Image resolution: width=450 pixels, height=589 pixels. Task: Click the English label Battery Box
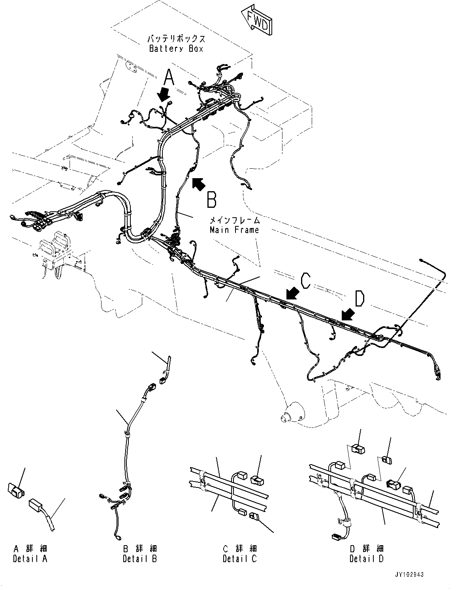(176, 49)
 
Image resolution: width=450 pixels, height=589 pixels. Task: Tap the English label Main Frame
(234, 230)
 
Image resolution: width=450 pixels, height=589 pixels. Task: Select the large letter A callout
(169, 77)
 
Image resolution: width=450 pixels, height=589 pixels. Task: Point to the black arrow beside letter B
(199, 184)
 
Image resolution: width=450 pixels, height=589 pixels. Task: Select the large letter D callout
(359, 299)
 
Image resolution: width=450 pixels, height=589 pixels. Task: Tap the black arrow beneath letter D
(348, 314)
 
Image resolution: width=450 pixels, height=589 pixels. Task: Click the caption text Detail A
(30, 559)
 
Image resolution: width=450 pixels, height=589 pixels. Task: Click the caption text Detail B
(140, 559)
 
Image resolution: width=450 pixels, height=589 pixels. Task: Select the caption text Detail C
(239, 559)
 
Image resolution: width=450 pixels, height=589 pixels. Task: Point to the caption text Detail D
(366, 559)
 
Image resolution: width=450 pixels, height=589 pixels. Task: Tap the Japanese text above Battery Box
(176, 39)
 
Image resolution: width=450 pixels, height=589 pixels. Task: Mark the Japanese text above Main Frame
(234, 220)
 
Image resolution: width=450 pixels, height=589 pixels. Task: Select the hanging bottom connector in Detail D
(336, 536)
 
